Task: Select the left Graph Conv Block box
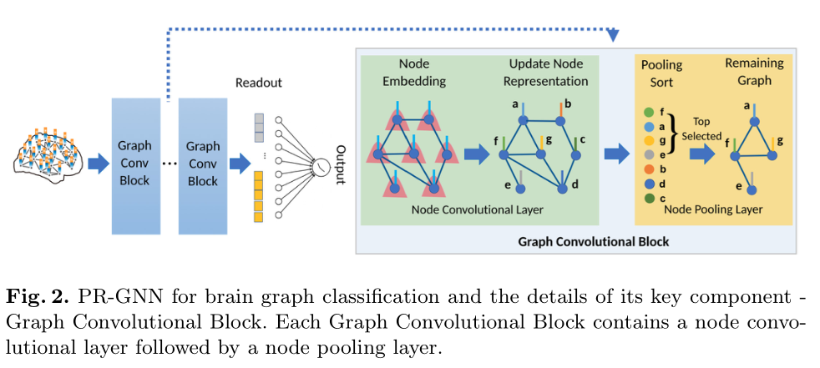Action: (134, 165)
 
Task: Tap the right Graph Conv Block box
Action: (202, 165)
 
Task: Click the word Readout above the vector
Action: (258, 83)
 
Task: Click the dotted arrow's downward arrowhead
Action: (614, 36)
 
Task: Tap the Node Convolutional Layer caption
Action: (477, 210)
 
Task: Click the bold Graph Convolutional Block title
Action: (594, 243)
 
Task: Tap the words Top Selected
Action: (706, 128)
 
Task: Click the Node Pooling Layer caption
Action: (712, 210)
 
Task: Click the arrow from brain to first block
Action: (98, 164)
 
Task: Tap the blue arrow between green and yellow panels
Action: (616, 154)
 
